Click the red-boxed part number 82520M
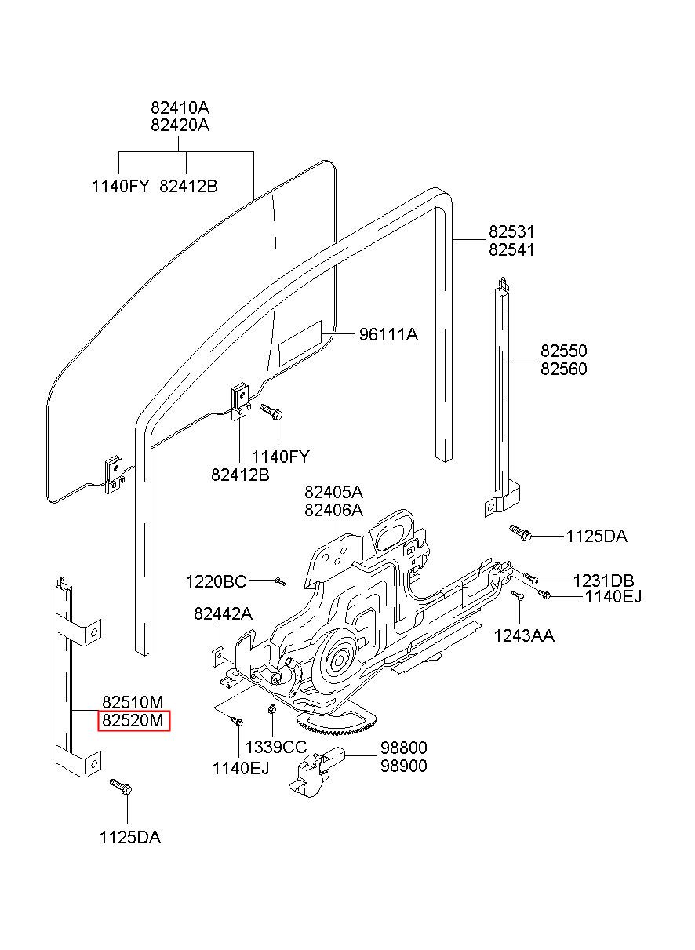pyautogui.click(x=133, y=720)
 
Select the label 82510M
pyautogui.click(x=133, y=702)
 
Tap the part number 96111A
pyautogui.click(x=388, y=335)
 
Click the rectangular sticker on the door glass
pyautogui.click(x=300, y=343)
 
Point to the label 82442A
pyautogui.click(x=223, y=613)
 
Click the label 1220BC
pyautogui.click(x=216, y=581)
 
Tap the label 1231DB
pyautogui.click(x=603, y=581)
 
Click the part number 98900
pyautogui.click(x=404, y=766)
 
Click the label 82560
pyautogui.click(x=563, y=369)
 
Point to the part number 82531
pyautogui.click(x=511, y=231)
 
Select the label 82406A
pyautogui.click(x=333, y=510)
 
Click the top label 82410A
pyautogui.click(x=180, y=107)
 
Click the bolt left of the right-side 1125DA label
pyautogui.click(x=520, y=533)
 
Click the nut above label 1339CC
pyautogui.click(x=273, y=708)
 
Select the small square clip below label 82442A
pyautogui.click(x=218, y=656)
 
